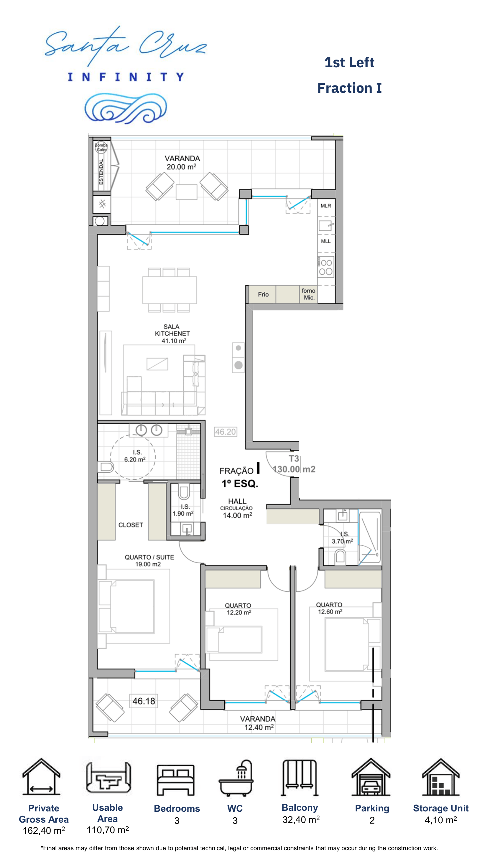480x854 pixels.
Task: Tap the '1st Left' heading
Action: click(349, 62)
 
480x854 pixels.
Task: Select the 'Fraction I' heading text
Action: click(349, 88)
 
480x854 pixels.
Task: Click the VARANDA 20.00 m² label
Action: click(182, 163)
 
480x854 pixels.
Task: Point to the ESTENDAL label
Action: click(101, 171)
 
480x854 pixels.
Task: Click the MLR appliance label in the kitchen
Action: click(326, 206)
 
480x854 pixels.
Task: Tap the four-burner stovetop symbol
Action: click(326, 267)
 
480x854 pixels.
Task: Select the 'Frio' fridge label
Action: click(263, 294)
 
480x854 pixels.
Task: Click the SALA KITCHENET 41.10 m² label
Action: click(172, 334)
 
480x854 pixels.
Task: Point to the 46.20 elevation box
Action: click(226, 432)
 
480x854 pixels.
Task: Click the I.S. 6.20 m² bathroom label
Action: click(135, 456)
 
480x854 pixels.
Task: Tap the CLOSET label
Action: click(131, 525)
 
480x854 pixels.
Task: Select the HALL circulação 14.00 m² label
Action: click(237, 508)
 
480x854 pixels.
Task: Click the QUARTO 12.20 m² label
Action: click(238, 609)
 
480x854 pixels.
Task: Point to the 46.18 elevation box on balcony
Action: click(144, 701)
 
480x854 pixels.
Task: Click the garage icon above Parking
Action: click(371, 777)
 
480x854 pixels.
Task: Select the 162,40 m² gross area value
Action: click(44, 830)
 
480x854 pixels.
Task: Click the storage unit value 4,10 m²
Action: click(441, 820)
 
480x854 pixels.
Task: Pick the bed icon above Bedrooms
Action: click(176, 780)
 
